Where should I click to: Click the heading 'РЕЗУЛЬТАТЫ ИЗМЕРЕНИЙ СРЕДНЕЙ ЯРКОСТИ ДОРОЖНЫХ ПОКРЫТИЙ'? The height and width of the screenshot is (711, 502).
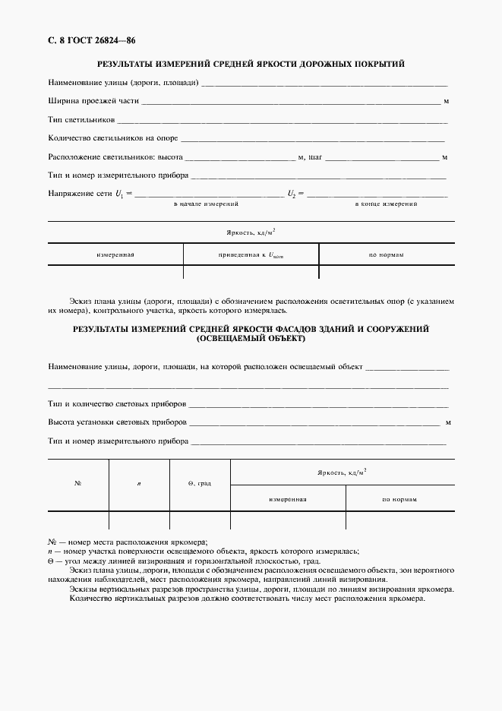[x=251, y=64]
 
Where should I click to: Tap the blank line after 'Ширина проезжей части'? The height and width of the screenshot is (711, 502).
[x=290, y=101]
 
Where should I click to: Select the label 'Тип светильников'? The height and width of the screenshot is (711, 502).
[x=81, y=120]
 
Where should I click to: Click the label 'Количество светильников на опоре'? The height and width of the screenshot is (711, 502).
[x=112, y=139]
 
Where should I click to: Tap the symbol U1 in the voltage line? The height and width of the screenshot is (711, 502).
[x=119, y=194]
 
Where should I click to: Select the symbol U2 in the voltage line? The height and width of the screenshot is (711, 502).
[x=291, y=194]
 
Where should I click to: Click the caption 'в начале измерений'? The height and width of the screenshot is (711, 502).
[x=206, y=205]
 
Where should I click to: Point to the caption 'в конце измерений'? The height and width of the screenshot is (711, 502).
[x=387, y=205]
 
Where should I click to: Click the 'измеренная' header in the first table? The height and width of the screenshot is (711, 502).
[x=115, y=254]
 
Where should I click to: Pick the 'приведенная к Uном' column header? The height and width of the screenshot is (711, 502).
[x=250, y=254]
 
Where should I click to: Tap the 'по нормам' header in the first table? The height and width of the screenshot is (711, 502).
[x=386, y=254]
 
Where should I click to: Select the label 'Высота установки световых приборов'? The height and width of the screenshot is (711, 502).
[x=117, y=422]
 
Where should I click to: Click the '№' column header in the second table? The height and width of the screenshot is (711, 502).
[x=78, y=483]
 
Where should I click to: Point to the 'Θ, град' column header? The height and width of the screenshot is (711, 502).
[x=199, y=483]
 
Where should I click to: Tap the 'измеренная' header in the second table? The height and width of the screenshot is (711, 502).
[x=287, y=499]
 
